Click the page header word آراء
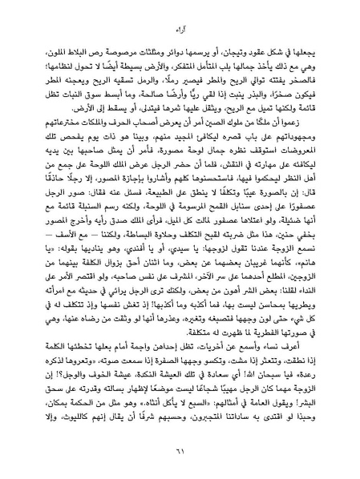(x=180, y=31)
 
